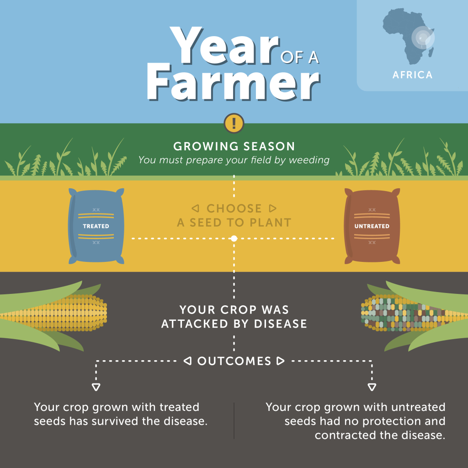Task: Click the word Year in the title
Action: (225, 46)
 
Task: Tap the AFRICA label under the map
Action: (413, 74)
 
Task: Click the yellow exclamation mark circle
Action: (234, 123)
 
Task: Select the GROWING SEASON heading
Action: (234, 147)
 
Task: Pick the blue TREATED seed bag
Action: (96, 226)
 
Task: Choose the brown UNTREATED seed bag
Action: (372, 226)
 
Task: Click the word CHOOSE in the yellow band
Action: (234, 208)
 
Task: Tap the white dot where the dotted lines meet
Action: (234, 239)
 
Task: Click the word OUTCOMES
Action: (234, 361)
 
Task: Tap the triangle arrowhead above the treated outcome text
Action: (96, 387)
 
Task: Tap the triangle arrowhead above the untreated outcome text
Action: (372, 387)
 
